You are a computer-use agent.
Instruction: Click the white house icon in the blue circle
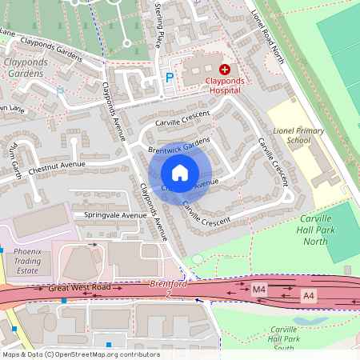tap(180, 173)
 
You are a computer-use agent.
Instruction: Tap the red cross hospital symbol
tap(225, 70)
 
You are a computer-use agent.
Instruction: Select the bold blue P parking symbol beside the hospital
tap(169, 78)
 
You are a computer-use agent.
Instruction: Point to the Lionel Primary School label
tap(298, 135)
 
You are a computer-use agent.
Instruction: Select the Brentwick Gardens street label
tap(179, 146)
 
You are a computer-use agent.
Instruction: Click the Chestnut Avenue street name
tap(58, 168)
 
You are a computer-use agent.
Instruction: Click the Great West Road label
tap(78, 287)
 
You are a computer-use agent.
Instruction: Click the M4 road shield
tap(258, 289)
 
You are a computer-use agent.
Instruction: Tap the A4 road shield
tap(309, 295)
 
